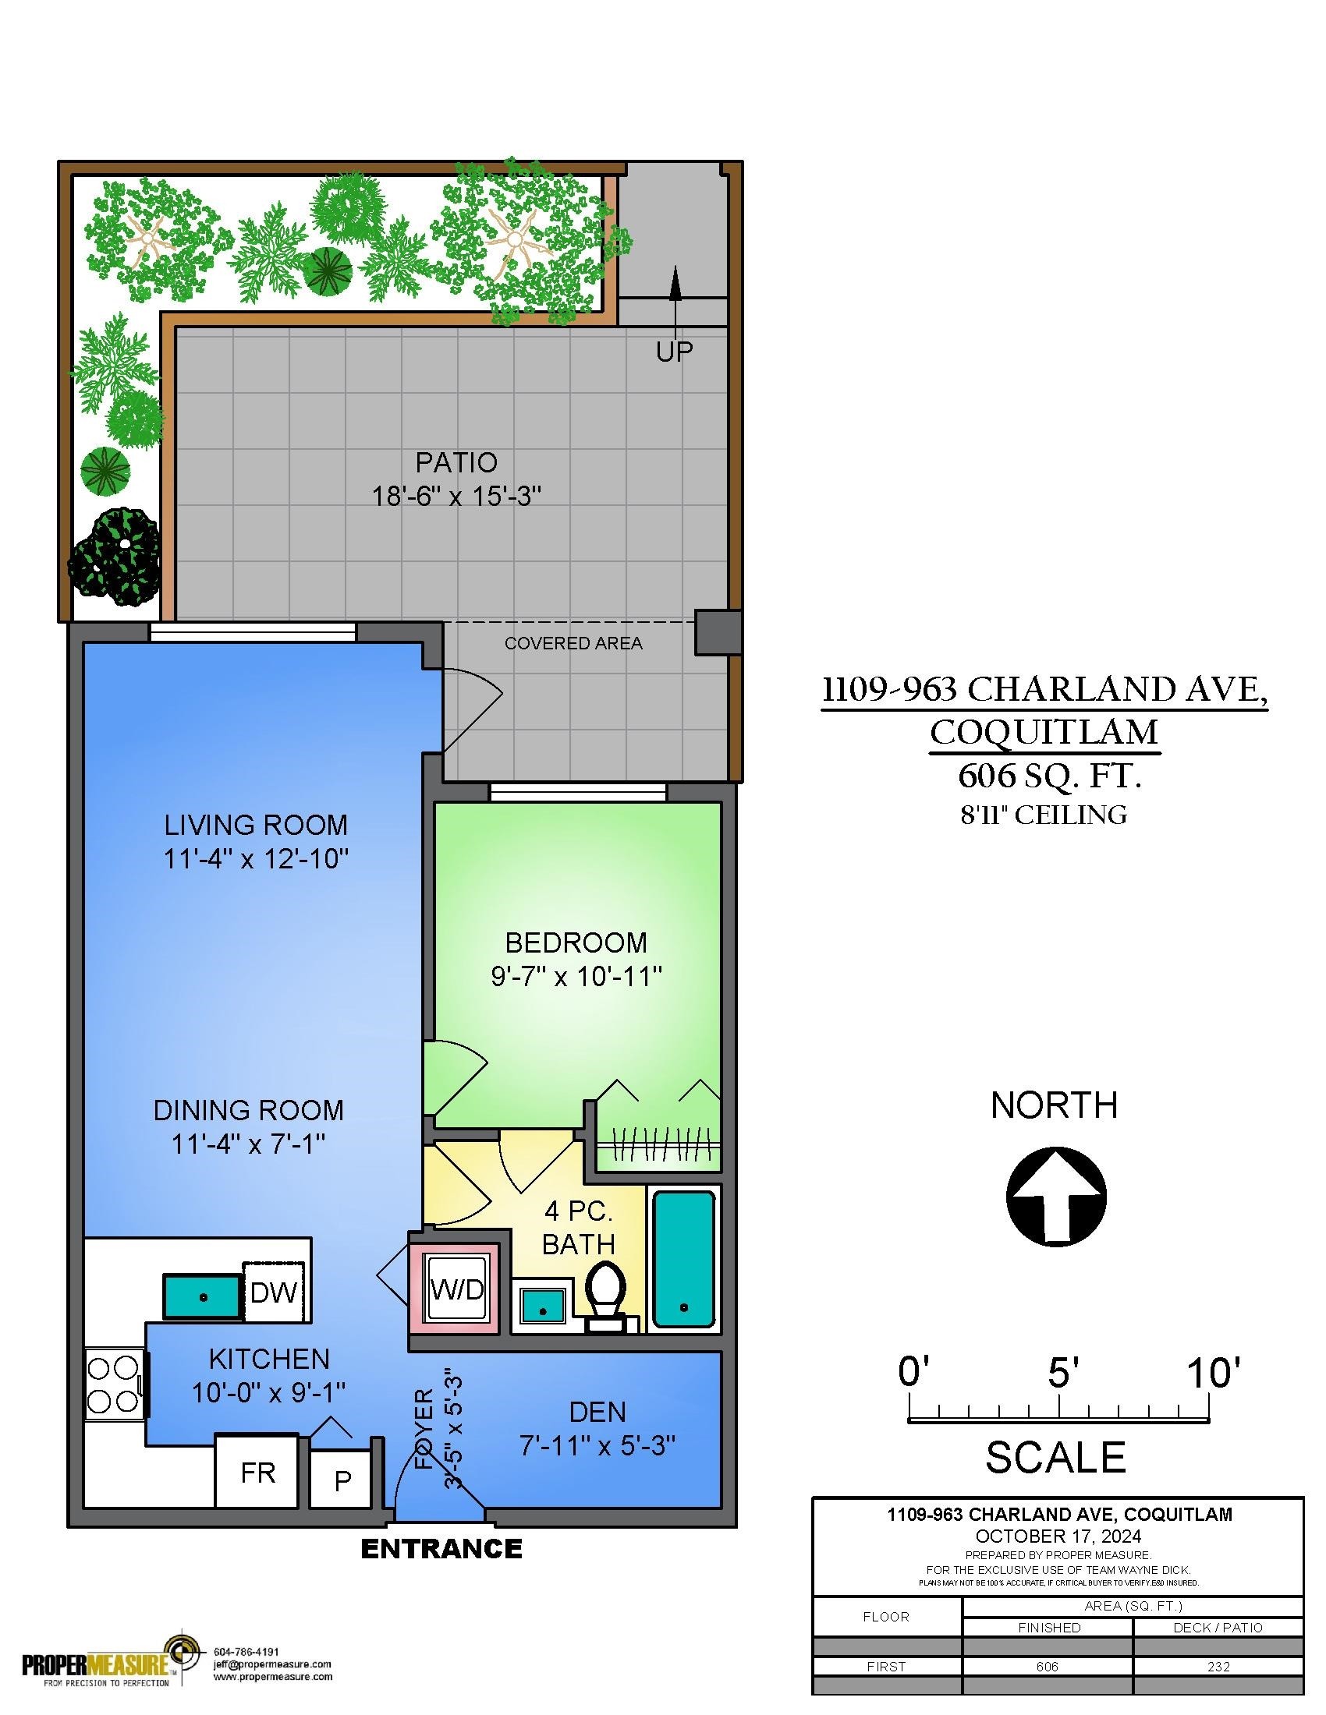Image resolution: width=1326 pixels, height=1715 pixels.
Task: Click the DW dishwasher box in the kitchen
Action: point(273,1292)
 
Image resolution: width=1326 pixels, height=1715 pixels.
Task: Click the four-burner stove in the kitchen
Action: point(114,1384)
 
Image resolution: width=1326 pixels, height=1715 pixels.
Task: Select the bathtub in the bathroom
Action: point(684,1259)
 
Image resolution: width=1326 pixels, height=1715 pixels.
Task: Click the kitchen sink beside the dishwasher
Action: point(203,1296)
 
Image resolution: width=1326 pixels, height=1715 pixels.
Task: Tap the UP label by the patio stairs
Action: point(675,352)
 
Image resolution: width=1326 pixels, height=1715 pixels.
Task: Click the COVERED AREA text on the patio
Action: point(573,643)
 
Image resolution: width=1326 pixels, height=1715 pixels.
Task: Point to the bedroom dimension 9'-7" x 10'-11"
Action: point(576,976)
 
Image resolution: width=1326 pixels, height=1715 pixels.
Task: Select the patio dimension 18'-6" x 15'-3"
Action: point(457,497)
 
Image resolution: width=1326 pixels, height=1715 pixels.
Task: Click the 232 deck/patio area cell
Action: point(1218,1667)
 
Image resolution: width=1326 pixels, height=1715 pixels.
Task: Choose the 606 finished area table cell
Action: point(1047,1667)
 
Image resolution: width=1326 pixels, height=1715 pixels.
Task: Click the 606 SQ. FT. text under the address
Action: point(1049,776)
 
